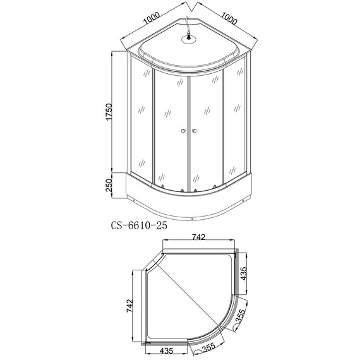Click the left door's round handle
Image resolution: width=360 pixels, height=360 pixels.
(x=183, y=131)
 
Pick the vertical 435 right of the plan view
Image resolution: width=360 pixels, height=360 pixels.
(x=243, y=272)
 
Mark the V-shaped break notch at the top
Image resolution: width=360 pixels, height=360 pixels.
(x=190, y=8)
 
